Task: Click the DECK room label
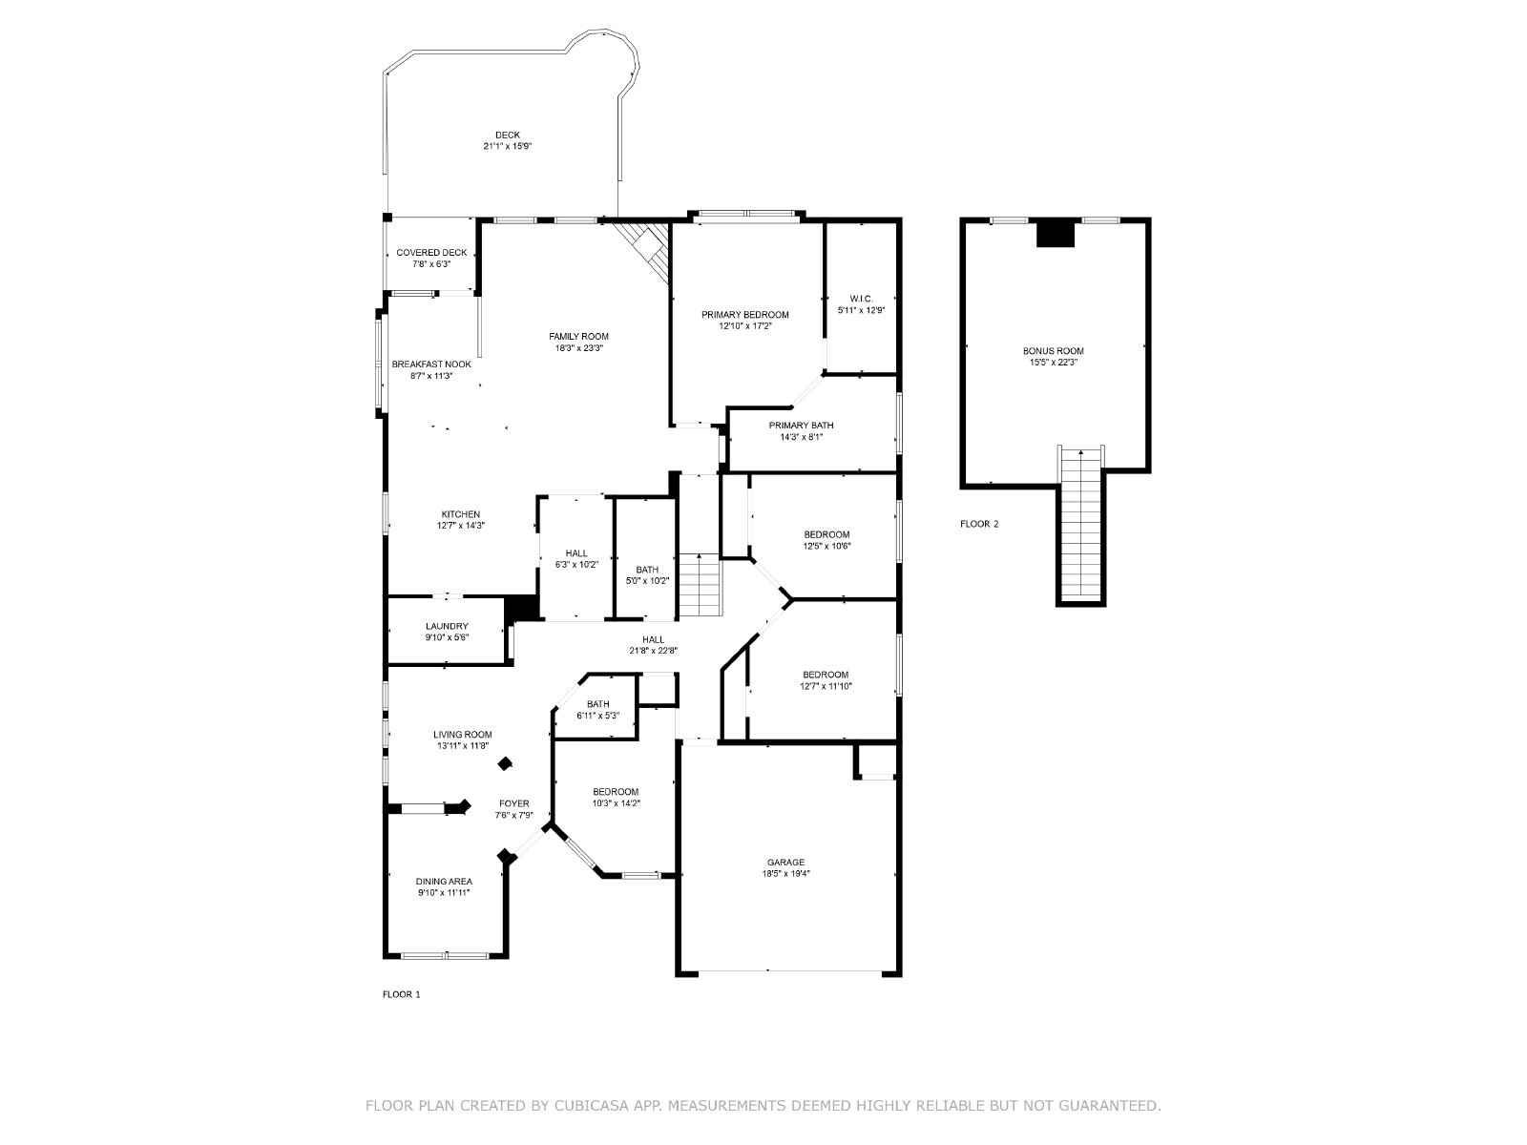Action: click(x=507, y=135)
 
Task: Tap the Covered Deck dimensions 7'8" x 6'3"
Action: click(x=431, y=264)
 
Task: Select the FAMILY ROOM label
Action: click(x=578, y=337)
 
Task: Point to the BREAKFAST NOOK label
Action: click(x=431, y=364)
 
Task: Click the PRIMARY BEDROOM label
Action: click(x=745, y=315)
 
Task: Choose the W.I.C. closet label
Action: click(x=861, y=299)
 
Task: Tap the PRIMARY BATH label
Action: click(x=801, y=426)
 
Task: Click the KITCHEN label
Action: click(x=461, y=514)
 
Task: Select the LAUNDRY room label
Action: click(x=447, y=626)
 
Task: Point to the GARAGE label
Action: click(x=786, y=863)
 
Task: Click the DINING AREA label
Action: click(x=444, y=882)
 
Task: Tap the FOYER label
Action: click(x=514, y=803)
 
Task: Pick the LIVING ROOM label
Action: click(x=463, y=735)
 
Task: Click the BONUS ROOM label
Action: click(x=1054, y=351)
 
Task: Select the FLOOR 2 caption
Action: click(x=979, y=524)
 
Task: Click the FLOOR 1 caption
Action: click(x=402, y=995)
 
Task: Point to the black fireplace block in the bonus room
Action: click(x=1056, y=233)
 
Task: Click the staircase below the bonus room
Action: click(x=1081, y=526)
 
